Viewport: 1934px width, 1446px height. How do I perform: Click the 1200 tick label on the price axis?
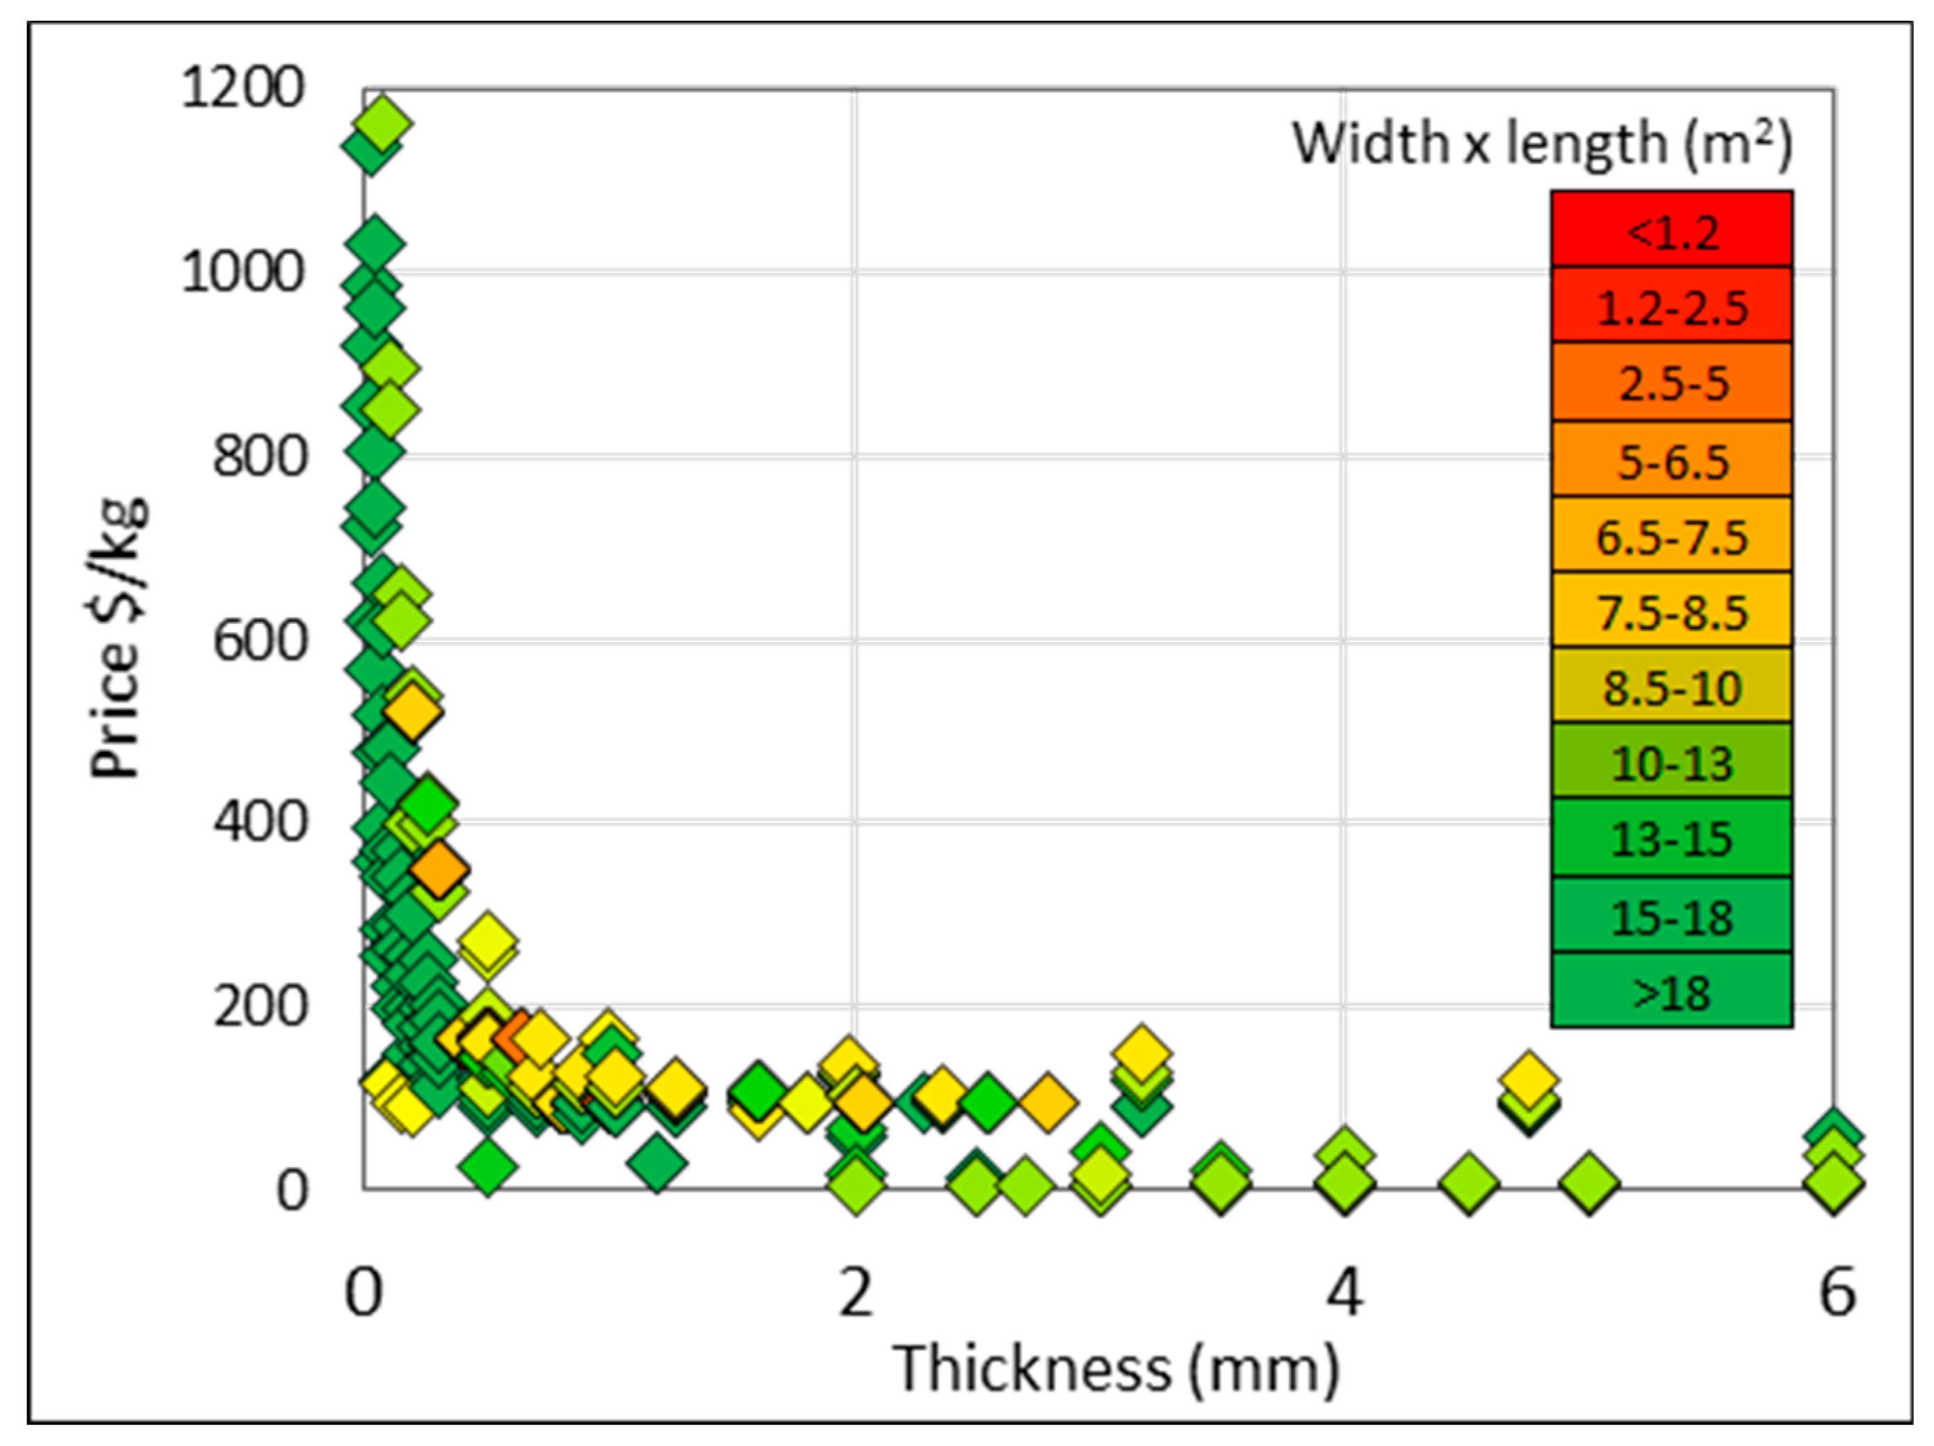[242, 88]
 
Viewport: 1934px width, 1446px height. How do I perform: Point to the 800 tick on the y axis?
[260, 457]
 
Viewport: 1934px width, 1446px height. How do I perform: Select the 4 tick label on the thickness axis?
[1344, 1293]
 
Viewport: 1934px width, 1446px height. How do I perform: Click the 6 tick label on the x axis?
[1836, 1293]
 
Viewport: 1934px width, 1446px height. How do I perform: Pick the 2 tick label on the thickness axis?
[855, 1293]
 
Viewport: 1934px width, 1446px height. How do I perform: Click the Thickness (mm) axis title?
[1116, 1369]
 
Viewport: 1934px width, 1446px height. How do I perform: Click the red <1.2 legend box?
[1672, 230]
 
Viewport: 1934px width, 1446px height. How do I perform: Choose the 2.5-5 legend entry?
[1672, 383]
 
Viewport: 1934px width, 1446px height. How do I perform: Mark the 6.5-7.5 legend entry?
[1672, 536]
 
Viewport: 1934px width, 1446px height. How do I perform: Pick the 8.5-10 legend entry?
[1672, 686]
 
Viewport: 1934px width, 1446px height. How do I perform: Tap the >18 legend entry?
[1672, 991]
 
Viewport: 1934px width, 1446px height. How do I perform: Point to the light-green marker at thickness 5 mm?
[1588, 1182]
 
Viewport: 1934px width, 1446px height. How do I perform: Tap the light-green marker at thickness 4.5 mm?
[1469, 1182]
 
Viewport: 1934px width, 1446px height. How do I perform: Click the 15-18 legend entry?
[1672, 916]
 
